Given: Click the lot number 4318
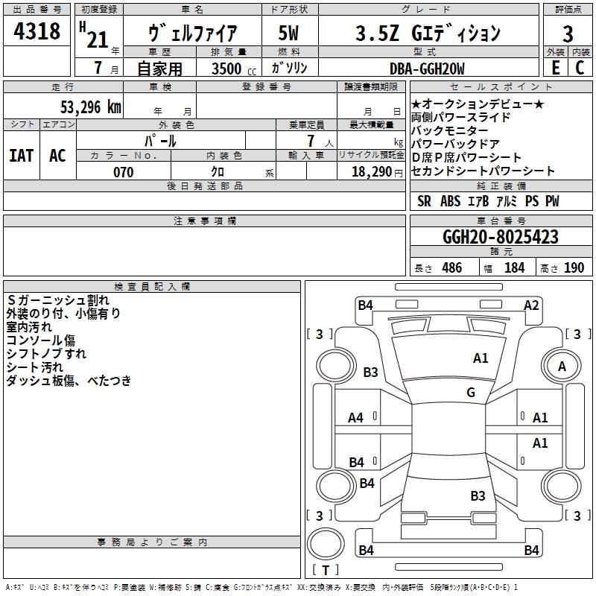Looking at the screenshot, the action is pos(37,31).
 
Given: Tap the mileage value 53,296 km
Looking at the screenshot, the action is pos(91,107).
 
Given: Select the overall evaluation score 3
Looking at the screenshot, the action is pos(568,34).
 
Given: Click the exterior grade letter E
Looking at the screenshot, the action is pos(555,68).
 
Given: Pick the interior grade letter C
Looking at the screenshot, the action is pos(580,68).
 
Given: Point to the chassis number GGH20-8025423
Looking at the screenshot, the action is pos(501,236).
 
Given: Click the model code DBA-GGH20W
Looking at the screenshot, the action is pos(427,69).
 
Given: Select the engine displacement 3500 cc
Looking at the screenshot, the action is pos(234,69).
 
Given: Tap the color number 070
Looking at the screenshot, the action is pos(124,172).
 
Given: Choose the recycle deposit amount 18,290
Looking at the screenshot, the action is pos(372,172).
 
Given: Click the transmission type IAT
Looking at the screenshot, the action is pos(22,156).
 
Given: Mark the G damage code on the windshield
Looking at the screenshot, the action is pos(471,392).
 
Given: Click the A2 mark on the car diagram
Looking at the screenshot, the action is pos(531,305).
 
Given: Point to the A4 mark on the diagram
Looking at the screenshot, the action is pos(355,418).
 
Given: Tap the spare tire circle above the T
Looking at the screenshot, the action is pos(326,544).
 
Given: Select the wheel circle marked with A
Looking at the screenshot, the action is pos(562,366).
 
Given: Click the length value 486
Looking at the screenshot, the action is pos(452,267).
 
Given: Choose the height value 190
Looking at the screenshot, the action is pos(574,267).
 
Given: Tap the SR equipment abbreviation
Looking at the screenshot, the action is pos(424,201).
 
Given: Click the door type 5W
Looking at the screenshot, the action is pos(288,33).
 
